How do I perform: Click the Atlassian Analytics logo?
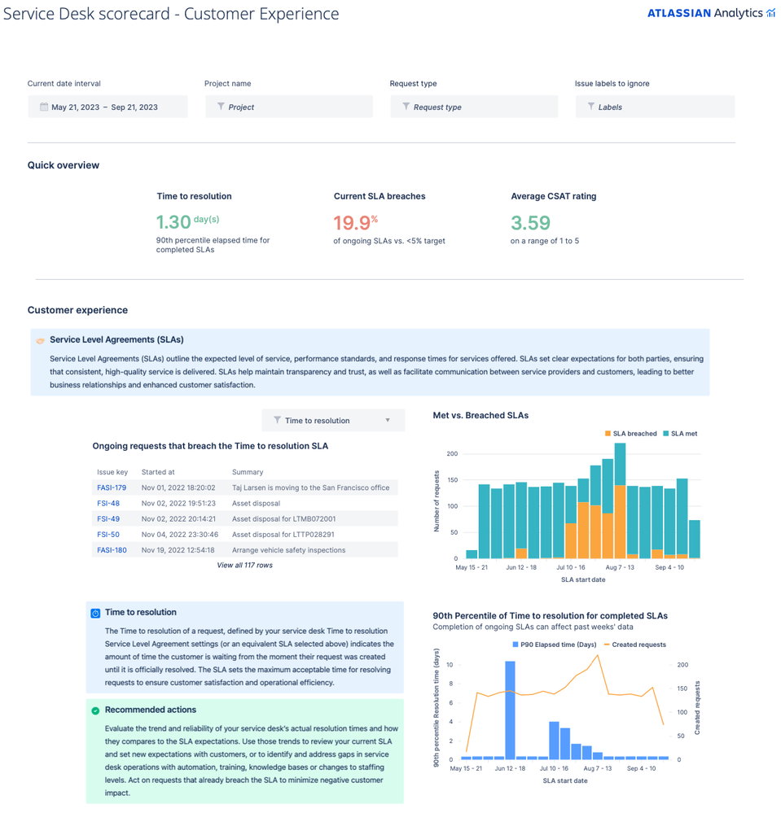(710, 13)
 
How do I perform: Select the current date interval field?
(107, 107)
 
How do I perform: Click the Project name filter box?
(289, 107)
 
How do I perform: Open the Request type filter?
(474, 107)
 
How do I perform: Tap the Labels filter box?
(656, 107)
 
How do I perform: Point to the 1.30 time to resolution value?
(173, 222)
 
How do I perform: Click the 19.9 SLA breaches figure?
(351, 222)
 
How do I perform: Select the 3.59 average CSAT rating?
(530, 222)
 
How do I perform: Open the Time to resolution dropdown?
(333, 420)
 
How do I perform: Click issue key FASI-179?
(112, 487)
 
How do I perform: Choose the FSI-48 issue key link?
(108, 503)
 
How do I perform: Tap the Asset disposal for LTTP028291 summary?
(283, 535)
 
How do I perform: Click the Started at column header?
(158, 472)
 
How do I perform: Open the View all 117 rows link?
(244, 565)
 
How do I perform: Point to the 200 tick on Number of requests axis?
(452, 453)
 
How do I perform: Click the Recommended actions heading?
(151, 710)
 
